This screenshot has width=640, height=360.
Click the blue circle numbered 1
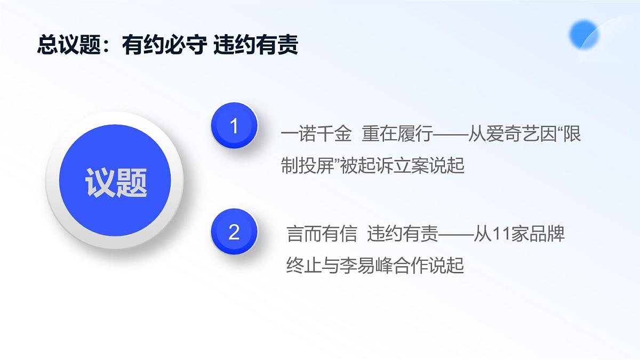pos(234,126)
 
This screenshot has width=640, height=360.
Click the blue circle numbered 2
pos(234,233)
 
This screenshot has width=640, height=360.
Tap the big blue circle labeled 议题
pos(116,181)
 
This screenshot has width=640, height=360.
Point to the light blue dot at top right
pos(583,35)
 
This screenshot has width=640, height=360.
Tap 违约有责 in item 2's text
pos(403,234)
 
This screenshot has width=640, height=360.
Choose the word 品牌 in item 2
pos(547,234)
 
